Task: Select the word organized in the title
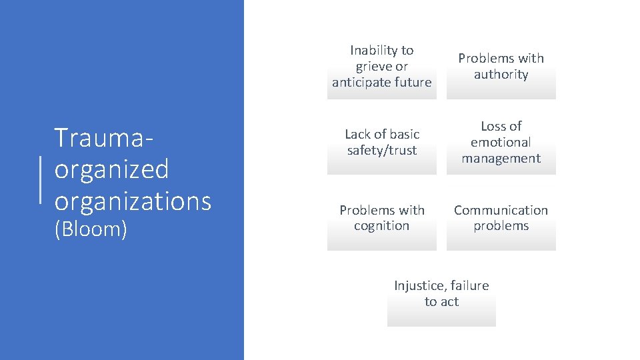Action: click(x=111, y=169)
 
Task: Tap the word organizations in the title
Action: click(x=133, y=200)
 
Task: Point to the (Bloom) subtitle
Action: click(x=91, y=229)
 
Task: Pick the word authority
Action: click(x=501, y=75)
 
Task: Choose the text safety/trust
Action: click(x=382, y=151)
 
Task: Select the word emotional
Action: click(x=501, y=142)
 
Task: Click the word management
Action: click(x=501, y=159)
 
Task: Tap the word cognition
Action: click(x=381, y=226)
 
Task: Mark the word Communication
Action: click(x=501, y=210)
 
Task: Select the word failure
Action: click(x=469, y=285)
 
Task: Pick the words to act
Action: click(x=441, y=302)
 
